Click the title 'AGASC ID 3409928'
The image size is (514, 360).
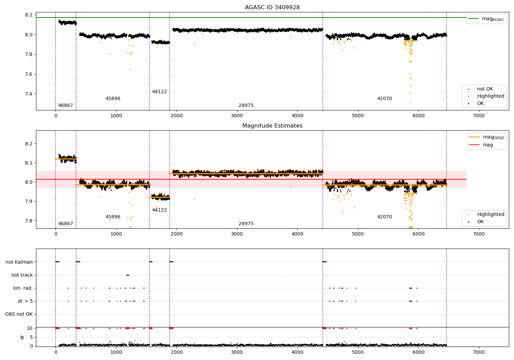pos(272,8)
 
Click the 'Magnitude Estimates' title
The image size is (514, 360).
pos(272,126)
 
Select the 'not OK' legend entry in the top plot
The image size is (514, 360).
pos(485,89)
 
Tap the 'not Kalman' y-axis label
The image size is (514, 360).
pos(19,262)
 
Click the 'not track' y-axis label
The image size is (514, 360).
pos(22,275)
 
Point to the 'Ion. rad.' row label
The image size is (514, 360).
pos(23,288)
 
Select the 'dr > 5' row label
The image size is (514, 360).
pos(25,301)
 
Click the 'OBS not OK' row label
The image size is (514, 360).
pos(19,314)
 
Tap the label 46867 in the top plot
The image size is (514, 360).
pos(65,106)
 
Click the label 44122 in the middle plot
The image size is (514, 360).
pos(159,210)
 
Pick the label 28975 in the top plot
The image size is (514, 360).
pos(246,106)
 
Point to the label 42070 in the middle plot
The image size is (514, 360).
pos(384,217)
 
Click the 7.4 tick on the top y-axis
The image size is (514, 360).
pos(28,94)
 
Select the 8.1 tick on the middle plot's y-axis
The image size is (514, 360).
pos(28,163)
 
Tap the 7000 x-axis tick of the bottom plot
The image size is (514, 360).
pos(479,352)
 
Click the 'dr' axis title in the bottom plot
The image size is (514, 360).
pos(22,337)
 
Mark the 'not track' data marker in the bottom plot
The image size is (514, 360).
pos(128,275)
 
